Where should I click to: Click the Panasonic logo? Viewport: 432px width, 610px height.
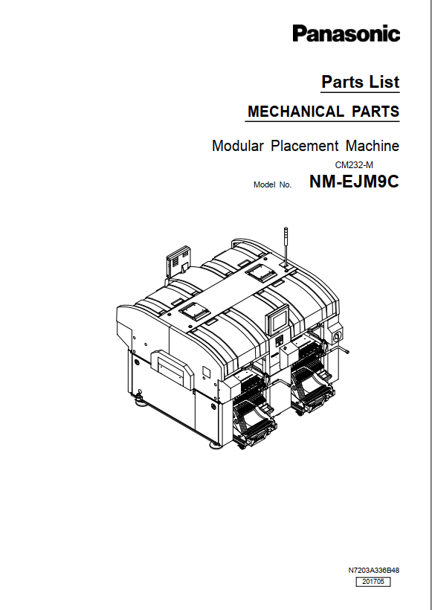pos(346,33)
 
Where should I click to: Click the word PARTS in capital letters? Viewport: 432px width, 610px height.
pos(375,112)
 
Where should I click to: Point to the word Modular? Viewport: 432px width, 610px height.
pos(238,146)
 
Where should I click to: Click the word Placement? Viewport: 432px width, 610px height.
pos(305,146)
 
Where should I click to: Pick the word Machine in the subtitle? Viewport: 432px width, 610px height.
pos(373,146)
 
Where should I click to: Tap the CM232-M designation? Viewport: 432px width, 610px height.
pos(354,165)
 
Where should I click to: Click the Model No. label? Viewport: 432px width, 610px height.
pos(272,184)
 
